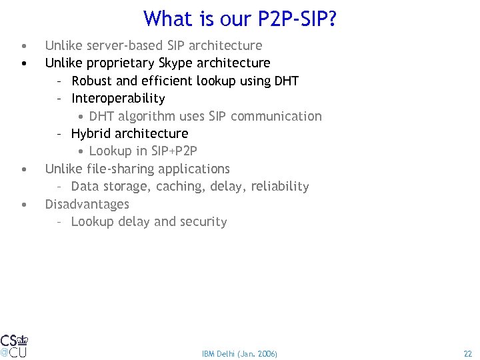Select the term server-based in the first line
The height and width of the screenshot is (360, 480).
119,45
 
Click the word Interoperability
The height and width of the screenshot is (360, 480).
118,99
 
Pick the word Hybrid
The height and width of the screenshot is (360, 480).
89,133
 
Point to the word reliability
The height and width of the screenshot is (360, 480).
280,186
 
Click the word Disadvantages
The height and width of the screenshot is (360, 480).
87,204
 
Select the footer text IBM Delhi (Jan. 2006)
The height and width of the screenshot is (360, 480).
239,353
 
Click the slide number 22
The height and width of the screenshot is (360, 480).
467,353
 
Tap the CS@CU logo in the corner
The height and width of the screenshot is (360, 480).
14,345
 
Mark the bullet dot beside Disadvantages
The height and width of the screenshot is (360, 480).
23,204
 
